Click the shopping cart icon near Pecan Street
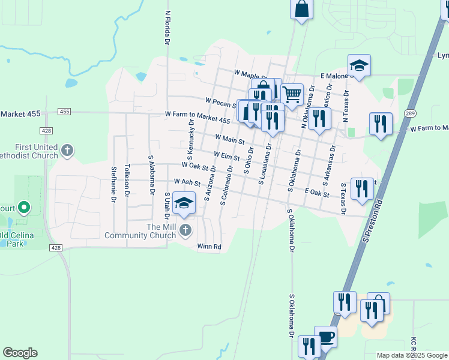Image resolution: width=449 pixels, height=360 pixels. click(292, 94)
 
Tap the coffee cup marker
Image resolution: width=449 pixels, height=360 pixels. click(325, 337)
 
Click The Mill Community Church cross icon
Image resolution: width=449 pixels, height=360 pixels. click(185, 230)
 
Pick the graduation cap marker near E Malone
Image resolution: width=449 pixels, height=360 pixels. click(359, 65)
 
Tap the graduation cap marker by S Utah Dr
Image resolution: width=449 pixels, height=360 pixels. click(184, 203)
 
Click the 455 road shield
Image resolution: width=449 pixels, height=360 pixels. click(65, 112)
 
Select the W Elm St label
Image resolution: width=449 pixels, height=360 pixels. click(226, 156)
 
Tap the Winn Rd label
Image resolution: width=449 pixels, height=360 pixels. click(209, 247)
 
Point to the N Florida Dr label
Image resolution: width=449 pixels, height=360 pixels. click(167, 27)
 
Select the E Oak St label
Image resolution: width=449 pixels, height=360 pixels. click(317, 193)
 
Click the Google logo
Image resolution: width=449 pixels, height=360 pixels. click(20, 353)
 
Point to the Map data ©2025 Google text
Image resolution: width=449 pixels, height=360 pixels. click(412, 355)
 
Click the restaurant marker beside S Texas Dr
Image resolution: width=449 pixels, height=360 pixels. click(362, 188)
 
